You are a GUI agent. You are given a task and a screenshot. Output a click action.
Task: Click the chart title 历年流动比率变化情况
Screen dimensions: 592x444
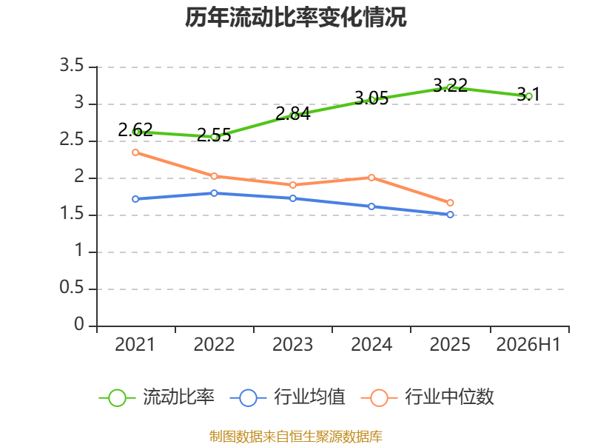coord(295,17)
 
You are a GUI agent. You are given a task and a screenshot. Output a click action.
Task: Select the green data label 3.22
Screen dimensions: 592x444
coord(450,85)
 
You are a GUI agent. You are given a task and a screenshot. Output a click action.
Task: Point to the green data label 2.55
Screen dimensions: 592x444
coord(214,135)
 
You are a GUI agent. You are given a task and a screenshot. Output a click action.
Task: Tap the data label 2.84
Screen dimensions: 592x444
coord(293,114)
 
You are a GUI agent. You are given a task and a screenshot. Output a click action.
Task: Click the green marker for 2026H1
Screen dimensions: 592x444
coord(528,96)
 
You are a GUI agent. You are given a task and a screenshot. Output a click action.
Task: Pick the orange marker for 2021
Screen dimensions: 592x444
coord(135,152)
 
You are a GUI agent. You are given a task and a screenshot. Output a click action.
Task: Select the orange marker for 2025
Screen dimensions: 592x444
coord(450,203)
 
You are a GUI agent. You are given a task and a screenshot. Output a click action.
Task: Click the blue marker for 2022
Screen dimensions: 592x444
coord(214,193)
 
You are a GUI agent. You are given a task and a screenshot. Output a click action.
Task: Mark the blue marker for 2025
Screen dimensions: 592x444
coord(450,215)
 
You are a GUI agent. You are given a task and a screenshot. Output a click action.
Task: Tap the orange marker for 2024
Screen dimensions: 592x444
coord(371,178)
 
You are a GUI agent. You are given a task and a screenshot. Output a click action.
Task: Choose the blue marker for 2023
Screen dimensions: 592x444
coord(293,198)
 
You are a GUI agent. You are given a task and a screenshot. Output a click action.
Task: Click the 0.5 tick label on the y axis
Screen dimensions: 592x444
coord(72,288)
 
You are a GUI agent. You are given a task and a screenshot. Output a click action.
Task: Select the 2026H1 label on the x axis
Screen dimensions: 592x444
coord(528,344)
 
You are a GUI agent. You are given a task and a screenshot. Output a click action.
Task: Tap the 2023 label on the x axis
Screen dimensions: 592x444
coord(293,344)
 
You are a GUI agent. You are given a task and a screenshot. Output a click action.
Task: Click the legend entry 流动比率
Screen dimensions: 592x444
coord(157,397)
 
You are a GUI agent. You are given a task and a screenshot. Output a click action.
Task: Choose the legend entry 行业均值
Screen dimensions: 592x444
coord(288,397)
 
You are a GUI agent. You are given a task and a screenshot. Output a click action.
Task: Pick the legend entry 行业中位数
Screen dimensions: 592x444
coord(428,397)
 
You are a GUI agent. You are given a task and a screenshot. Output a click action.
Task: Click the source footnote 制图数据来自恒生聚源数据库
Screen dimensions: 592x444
coord(296,437)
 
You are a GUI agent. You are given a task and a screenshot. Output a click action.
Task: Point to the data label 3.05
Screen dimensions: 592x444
coord(371,98)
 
